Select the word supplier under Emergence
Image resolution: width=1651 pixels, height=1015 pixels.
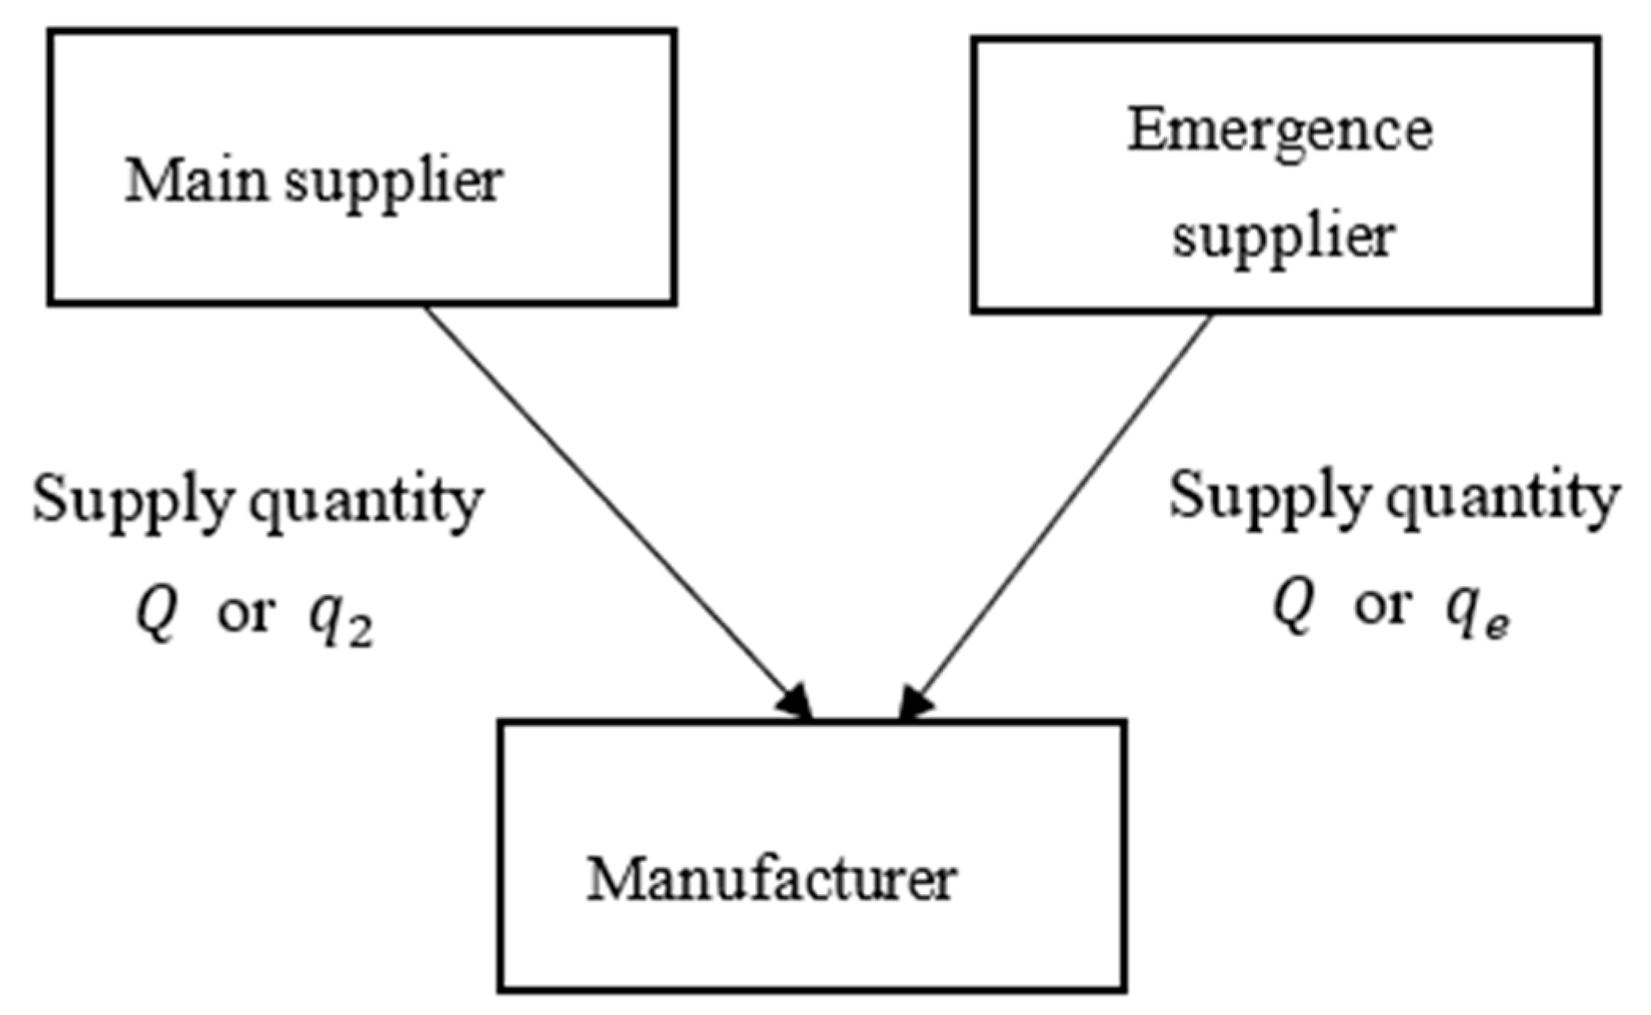click(1284, 237)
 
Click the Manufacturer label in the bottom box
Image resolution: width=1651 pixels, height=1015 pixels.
click(771, 880)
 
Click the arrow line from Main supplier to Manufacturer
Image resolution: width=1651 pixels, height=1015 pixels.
click(608, 501)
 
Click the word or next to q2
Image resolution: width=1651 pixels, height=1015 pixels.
click(245, 614)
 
